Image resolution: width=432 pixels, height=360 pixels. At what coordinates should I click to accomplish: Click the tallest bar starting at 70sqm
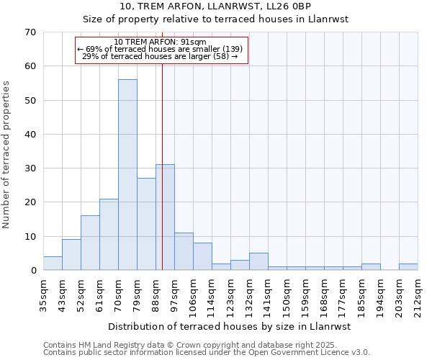127,175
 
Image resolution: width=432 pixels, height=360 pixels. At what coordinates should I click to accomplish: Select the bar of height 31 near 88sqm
165,217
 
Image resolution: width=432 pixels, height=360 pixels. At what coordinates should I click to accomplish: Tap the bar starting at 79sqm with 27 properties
146,224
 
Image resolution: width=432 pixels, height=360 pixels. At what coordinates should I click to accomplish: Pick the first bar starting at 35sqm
53,264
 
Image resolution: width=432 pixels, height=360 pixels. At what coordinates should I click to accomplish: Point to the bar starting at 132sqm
258,262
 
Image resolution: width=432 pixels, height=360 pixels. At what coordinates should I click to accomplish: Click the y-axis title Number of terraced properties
6,155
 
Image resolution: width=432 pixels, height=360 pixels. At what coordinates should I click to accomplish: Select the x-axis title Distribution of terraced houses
230,326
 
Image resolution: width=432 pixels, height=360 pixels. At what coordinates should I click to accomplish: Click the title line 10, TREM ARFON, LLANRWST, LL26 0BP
215,6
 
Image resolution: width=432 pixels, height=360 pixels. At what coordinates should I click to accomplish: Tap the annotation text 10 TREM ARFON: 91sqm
160,42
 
